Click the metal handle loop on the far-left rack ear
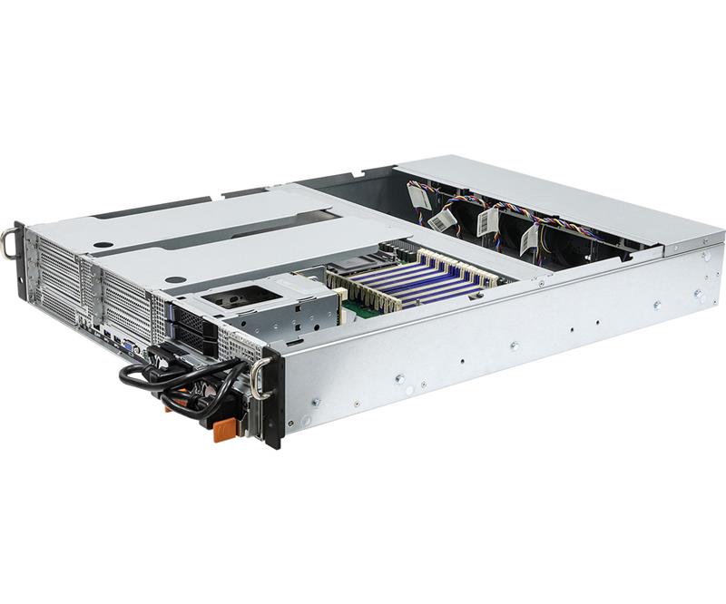pyautogui.click(x=9, y=242)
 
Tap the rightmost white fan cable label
pyautogui.click(x=529, y=239)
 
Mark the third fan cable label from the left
pyautogui.click(x=488, y=220)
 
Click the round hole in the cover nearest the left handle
pyautogui.click(x=104, y=245)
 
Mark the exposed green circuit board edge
pyautogui.click(x=363, y=310)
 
